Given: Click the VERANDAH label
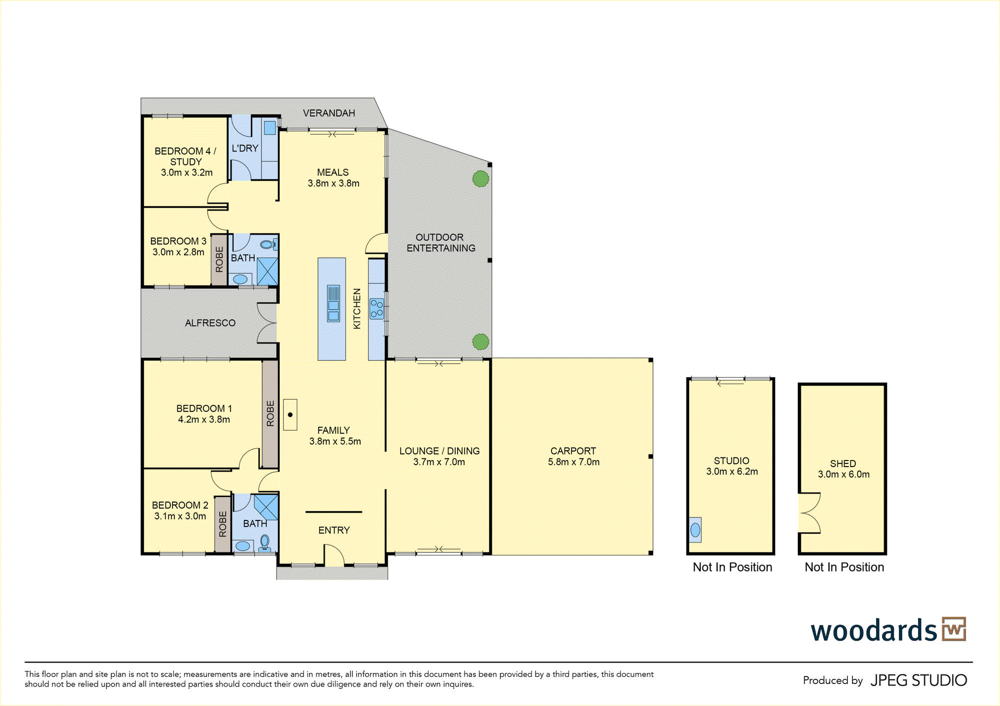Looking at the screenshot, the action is pyautogui.click(x=328, y=113).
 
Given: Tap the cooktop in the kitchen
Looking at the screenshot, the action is pyautogui.click(x=376, y=308).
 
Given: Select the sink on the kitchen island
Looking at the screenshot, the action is pyautogui.click(x=333, y=303).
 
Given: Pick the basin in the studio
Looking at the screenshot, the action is pyautogui.click(x=695, y=529).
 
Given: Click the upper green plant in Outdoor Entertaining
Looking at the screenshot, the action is pyautogui.click(x=480, y=178).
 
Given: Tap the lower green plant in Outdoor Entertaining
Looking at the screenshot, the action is pyautogui.click(x=480, y=342).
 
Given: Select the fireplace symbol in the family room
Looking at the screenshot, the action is pyautogui.click(x=290, y=414).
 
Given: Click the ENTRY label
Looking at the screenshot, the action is pyautogui.click(x=334, y=530).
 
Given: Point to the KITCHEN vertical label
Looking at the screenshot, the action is pyautogui.click(x=357, y=308).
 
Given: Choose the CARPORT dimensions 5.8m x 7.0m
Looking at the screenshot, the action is pyautogui.click(x=573, y=462).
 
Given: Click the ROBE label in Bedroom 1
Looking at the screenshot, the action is pyautogui.click(x=270, y=413).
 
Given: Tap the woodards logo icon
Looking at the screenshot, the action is pyautogui.click(x=954, y=629).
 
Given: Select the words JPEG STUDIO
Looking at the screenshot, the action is pyautogui.click(x=918, y=680).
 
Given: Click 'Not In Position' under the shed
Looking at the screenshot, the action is pyautogui.click(x=844, y=567).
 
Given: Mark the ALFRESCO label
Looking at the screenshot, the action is pyautogui.click(x=210, y=323).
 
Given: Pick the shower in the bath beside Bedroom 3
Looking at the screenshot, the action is pyautogui.click(x=267, y=271).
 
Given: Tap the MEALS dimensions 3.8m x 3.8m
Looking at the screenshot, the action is pyautogui.click(x=333, y=183).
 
